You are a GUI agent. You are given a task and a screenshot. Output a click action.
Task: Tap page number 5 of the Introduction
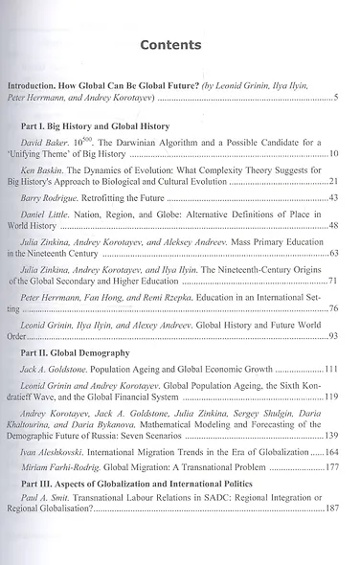(x=336, y=98)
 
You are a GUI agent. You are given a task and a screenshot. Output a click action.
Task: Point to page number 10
(x=333, y=154)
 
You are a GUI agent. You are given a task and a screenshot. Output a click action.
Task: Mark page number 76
(x=333, y=308)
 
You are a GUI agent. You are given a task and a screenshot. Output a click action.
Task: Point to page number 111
(x=331, y=369)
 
